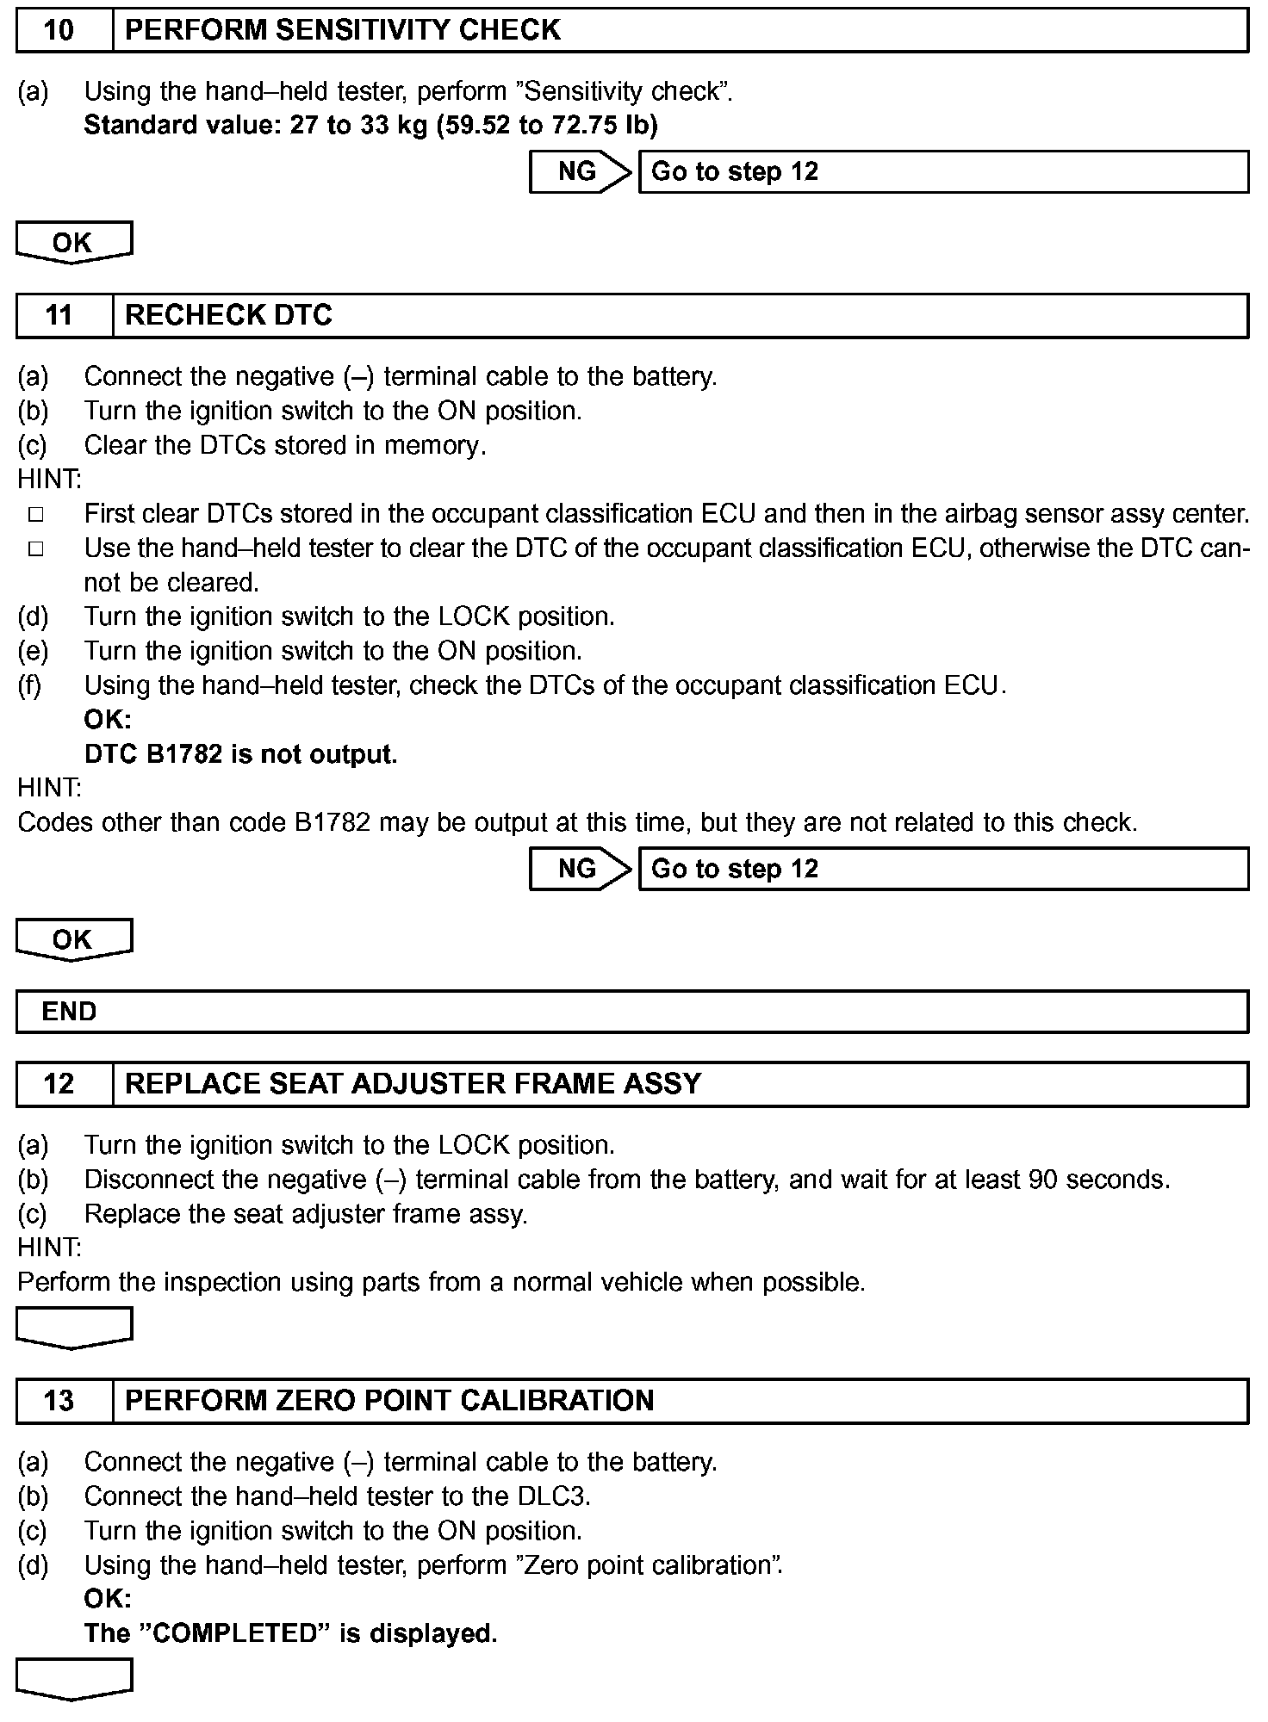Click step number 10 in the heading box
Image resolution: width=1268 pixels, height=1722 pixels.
click(59, 31)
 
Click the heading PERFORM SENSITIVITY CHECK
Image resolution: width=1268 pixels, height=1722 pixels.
click(343, 31)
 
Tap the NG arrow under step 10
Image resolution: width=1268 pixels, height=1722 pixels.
click(579, 172)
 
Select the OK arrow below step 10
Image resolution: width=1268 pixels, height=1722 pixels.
click(73, 243)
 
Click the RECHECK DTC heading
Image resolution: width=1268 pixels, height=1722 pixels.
click(228, 316)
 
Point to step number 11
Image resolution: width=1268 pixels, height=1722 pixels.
click(59, 316)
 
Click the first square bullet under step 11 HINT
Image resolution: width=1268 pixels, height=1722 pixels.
click(35, 515)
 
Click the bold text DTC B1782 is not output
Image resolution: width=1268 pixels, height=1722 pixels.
click(240, 754)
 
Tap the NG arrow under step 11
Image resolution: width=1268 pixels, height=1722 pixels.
click(579, 869)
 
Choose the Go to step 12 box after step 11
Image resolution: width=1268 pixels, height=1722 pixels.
click(942, 869)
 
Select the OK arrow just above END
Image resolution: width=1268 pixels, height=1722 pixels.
click(73, 939)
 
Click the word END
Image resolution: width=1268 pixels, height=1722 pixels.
click(69, 1012)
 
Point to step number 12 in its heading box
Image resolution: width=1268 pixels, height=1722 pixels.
click(59, 1084)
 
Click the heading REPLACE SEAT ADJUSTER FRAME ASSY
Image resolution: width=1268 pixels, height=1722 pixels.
click(413, 1084)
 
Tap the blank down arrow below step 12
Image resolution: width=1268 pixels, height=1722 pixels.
click(73, 1327)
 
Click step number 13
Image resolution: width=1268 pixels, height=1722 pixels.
click(59, 1401)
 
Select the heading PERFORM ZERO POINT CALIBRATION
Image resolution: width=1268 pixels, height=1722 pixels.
click(389, 1401)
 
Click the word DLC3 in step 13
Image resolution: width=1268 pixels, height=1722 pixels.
click(553, 1496)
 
